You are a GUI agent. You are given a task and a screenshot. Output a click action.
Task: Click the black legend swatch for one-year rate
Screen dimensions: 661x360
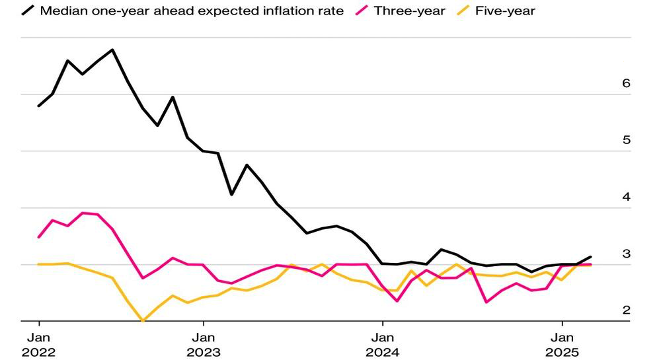pos(28,11)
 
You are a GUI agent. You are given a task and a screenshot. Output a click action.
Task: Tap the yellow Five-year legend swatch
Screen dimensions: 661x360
pos(463,11)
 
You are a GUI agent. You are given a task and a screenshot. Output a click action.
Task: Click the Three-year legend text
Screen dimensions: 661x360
pos(409,11)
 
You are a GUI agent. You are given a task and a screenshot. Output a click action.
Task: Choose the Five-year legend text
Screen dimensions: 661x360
pos(505,11)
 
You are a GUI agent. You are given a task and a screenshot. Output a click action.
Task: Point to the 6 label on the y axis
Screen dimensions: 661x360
pos(626,83)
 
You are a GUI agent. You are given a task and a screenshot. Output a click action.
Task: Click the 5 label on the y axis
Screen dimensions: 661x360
pos(627,140)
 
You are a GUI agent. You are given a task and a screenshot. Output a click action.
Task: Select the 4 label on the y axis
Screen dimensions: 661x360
pos(626,197)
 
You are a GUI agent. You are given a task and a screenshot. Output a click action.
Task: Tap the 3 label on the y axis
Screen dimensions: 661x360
pos(627,254)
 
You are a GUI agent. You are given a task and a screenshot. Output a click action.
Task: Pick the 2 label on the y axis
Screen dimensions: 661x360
pos(627,310)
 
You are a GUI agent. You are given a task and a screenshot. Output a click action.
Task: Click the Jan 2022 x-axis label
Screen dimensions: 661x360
pos(39,345)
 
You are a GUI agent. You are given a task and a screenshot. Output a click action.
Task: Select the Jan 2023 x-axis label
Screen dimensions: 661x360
pos(204,345)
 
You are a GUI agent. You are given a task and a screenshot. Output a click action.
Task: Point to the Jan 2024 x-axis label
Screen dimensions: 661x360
pos(383,345)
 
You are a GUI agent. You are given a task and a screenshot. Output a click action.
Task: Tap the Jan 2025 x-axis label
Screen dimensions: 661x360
pos(563,345)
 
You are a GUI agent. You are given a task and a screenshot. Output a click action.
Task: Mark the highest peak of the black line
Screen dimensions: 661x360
pos(112,50)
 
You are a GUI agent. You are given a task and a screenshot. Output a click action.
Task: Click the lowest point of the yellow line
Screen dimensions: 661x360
pos(143,320)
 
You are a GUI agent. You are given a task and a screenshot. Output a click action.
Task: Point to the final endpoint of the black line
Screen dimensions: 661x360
pos(590,256)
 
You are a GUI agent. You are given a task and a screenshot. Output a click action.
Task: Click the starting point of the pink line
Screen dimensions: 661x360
pos(39,237)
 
